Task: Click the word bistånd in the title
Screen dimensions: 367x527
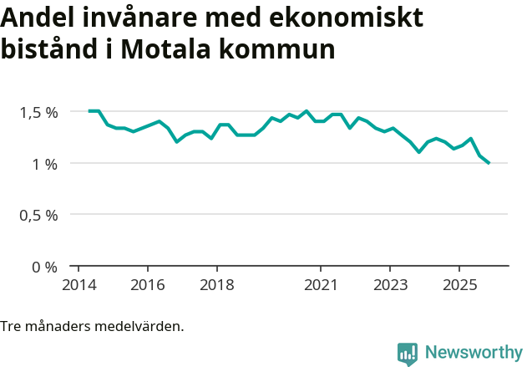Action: (x=51, y=48)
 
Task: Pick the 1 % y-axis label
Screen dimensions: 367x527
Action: (x=45, y=164)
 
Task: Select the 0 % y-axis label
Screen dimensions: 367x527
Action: (x=45, y=268)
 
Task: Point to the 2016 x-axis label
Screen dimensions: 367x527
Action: (x=147, y=284)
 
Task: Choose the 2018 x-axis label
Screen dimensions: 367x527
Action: (x=216, y=284)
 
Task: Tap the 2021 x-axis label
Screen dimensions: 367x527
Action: (x=320, y=284)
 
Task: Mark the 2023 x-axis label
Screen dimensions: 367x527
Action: (x=389, y=284)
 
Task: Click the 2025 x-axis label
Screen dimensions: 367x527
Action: (x=459, y=284)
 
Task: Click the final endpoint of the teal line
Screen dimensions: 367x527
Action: (x=489, y=163)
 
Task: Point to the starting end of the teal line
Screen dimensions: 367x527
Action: (x=89, y=111)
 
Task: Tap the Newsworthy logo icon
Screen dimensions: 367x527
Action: (x=408, y=354)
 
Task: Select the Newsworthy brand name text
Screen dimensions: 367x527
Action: (x=474, y=353)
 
